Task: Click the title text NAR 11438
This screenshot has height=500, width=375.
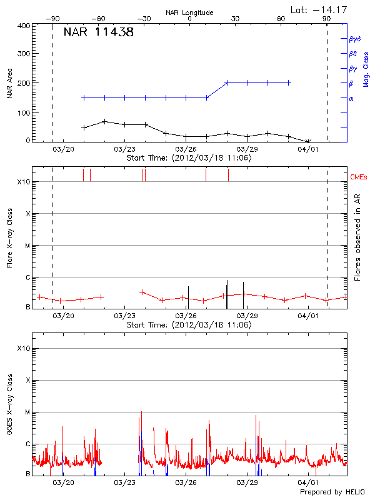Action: click(x=98, y=32)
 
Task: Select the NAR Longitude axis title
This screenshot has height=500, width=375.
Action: click(x=189, y=12)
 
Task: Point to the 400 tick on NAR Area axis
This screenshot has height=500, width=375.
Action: click(x=24, y=26)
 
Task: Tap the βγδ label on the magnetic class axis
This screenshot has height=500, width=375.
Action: click(x=354, y=39)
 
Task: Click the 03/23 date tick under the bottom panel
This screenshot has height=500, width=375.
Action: click(x=126, y=483)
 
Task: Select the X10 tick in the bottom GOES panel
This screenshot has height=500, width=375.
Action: click(x=24, y=348)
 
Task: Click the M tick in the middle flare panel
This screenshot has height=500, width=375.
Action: click(x=27, y=246)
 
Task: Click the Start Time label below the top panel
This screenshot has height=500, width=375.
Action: click(x=189, y=158)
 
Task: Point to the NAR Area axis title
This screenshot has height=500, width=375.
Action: click(x=9, y=83)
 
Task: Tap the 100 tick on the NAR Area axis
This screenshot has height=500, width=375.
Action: click(x=24, y=113)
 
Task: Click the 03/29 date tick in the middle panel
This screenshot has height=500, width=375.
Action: click(x=247, y=316)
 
